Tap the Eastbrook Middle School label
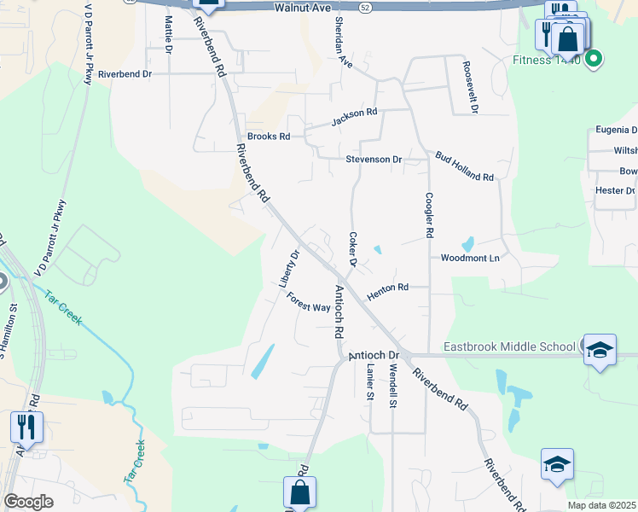coord(510,346)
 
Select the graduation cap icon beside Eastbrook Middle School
coord(600,350)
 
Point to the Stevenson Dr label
coord(374,160)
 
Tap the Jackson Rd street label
coord(354,117)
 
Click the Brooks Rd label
coord(269,136)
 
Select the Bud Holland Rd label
coord(464,166)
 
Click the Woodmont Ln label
coord(469,257)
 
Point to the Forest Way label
coord(308,303)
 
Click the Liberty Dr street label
coord(290,268)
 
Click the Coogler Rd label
coord(429,214)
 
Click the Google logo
coord(28,501)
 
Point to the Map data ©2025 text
coord(602,505)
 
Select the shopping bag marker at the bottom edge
coord(299,492)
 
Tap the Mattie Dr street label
coord(169,35)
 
